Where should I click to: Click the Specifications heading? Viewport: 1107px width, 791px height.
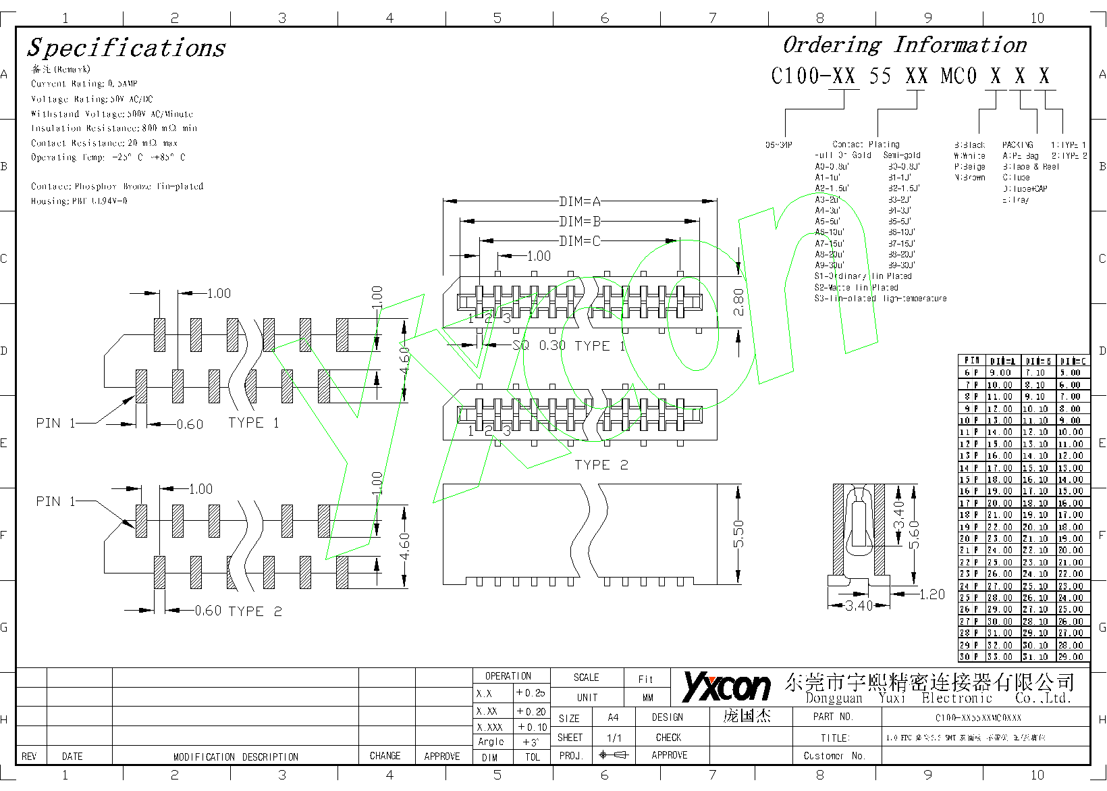coord(126,48)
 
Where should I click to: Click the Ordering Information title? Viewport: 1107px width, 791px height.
coord(905,45)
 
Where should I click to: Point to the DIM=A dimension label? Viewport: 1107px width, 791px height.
coord(580,201)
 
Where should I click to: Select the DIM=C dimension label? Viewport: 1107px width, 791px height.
coord(580,241)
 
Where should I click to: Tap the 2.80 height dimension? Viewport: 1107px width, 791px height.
coord(738,301)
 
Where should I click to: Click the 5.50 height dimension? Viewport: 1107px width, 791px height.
coord(738,534)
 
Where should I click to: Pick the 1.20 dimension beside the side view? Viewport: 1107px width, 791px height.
coord(932,594)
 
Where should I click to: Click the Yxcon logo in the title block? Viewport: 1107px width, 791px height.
coord(726,687)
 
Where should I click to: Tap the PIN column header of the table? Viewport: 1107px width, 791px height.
coord(971,361)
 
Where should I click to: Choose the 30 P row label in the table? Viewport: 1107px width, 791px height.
coord(969,657)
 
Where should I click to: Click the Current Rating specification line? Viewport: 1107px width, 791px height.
coord(84,84)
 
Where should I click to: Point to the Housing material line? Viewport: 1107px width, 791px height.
coord(79,201)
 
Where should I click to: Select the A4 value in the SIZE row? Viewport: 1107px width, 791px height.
coord(613,717)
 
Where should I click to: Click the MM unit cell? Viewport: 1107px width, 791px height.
coord(648,698)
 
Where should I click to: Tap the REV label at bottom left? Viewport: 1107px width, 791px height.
coord(29,757)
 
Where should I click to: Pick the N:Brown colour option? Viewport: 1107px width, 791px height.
coord(970,178)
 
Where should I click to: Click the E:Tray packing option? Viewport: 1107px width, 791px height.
coord(1016,200)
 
